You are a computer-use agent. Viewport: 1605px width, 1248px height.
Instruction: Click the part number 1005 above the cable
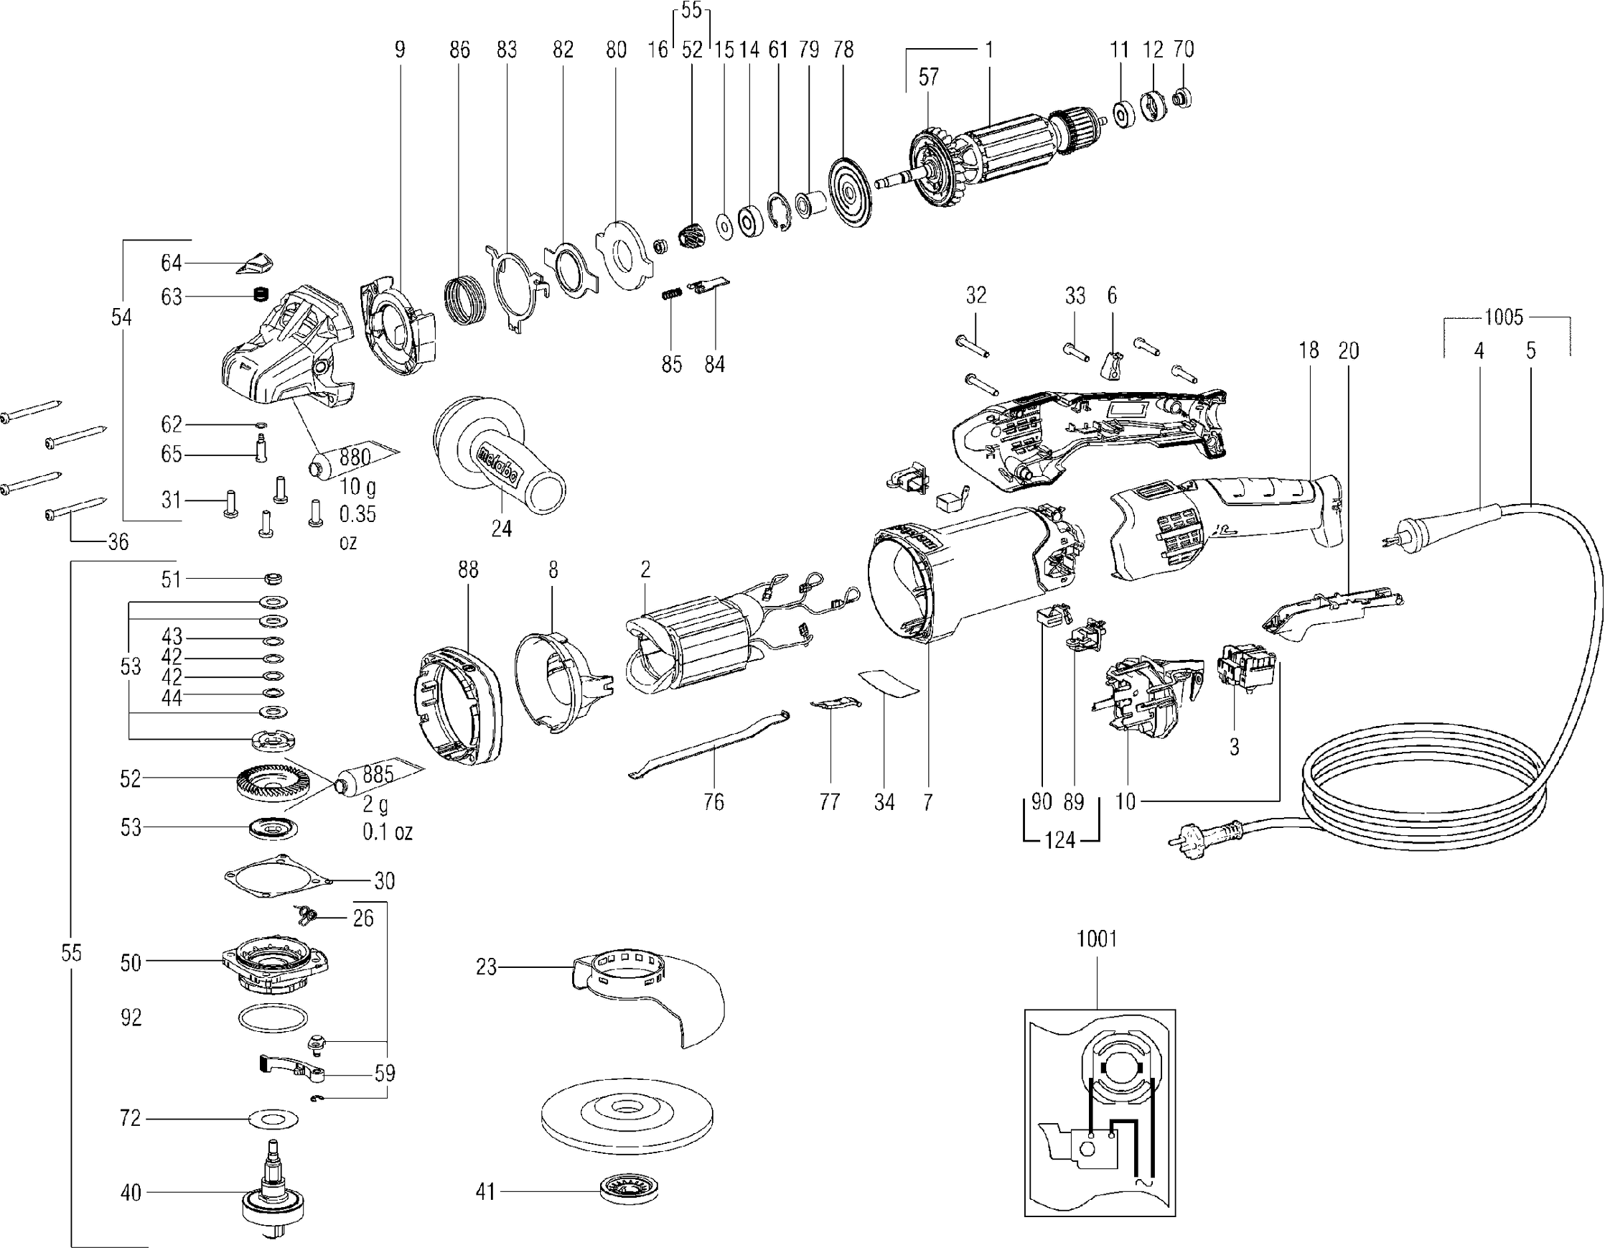pyautogui.click(x=1504, y=317)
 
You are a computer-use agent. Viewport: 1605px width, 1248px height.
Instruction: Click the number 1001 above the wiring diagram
pyautogui.click(x=1097, y=939)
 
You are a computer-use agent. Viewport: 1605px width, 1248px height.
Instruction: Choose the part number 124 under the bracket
pyautogui.click(x=1059, y=840)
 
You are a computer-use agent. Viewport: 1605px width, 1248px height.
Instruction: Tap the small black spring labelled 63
pyautogui.click(x=258, y=295)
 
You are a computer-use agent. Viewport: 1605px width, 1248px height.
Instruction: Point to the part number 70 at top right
pyautogui.click(x=1183, y=50)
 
